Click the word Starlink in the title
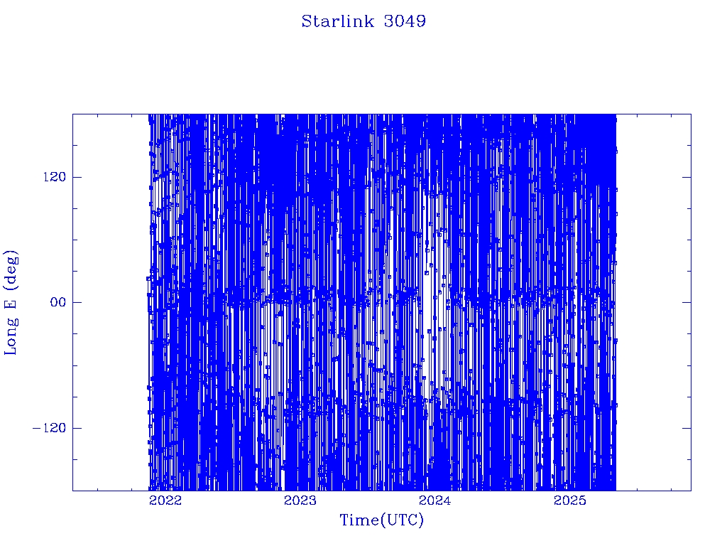coord(337,21)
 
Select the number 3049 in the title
coord(405,21)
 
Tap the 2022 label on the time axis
coord(165,500)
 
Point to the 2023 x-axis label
coord(300,500)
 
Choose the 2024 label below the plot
coord(435,500)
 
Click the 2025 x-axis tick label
coord(570,500)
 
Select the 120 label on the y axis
coord(54,177)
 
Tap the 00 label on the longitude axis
coord(58,302)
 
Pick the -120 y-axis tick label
coord(49,427)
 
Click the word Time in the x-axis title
coord(360,520)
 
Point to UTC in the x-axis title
coord(402,520)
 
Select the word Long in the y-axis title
coord(10,336)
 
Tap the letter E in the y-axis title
coord(9,303)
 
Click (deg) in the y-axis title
coord(10,269)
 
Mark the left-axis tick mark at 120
coord(77,177)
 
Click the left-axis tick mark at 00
coord(77,302)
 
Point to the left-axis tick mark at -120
coord(77,427)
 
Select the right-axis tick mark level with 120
coord(687,177)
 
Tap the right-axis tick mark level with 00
coord(687,302)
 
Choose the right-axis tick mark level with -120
coord(687,427)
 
